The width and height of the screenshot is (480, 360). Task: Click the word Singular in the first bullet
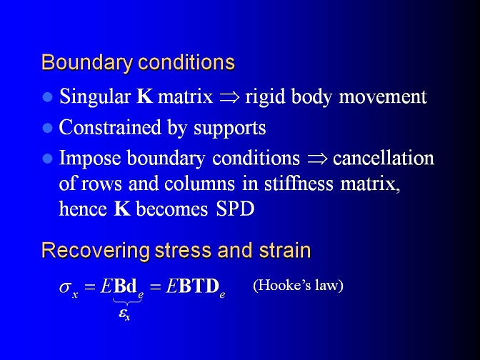(95, 96)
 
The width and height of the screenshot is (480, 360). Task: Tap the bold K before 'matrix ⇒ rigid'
(144, 96)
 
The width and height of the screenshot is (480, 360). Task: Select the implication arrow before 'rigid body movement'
(229, 97)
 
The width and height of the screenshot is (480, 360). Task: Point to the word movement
(383, 96)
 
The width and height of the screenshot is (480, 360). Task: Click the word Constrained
(110, 127)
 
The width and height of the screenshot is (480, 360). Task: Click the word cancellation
(384, 159)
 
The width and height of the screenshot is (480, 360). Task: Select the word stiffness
(299, 184)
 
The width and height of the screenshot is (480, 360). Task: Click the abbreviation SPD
(235, 209)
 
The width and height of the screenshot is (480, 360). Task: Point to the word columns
(199, 184)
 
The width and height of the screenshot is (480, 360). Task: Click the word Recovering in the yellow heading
(96, 251)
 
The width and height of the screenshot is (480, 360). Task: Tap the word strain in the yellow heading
(285, 251)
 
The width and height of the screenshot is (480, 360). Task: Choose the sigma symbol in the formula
(65, 287)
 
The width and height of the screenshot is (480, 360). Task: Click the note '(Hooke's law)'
(298, 285)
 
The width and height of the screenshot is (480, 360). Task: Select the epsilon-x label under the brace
(124, 314)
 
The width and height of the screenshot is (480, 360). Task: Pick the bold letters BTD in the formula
(199, 286)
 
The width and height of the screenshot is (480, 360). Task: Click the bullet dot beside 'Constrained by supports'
(47, 129)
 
